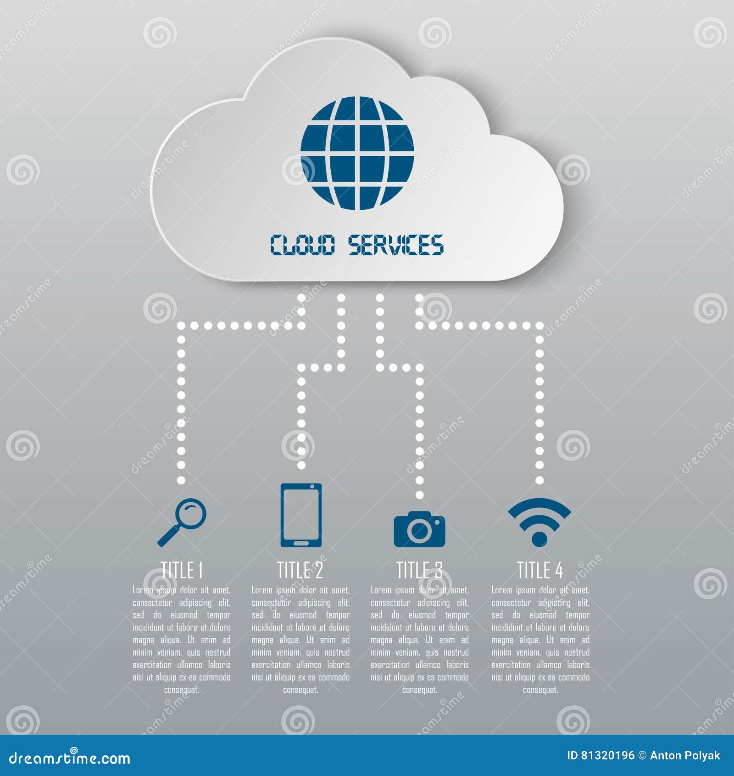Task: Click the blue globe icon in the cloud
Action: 357,153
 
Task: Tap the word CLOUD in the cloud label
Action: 302,244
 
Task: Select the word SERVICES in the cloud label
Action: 396,244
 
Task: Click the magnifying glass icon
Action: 182,523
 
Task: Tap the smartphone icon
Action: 301,515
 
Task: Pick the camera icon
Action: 419,529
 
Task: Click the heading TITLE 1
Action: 182,570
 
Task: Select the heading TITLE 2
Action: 300,570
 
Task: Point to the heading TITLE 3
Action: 419,570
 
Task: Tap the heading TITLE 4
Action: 540,570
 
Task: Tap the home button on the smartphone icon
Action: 301,543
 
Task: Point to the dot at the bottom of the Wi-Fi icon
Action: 539,539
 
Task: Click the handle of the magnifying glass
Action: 167,537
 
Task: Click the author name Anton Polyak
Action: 685,756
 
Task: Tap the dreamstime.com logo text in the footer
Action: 70,758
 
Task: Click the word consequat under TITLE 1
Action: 182,690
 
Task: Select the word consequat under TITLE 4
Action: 540,690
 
